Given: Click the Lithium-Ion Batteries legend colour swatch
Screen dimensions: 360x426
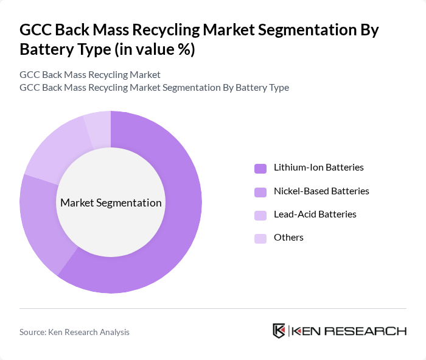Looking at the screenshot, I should [x=260, y=168].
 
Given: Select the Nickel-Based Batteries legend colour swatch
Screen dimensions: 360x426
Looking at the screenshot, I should [x=260, y=192].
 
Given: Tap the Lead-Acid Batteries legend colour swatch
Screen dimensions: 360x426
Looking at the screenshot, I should [x=260, y=215].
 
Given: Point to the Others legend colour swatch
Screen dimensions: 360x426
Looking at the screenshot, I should [x=260, y=238].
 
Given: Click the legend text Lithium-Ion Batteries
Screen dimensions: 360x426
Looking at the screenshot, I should [x=318, y=168].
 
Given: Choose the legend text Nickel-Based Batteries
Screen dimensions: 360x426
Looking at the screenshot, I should [x=321, y=191].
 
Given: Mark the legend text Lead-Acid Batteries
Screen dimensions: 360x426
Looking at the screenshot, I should [x=315, y=214].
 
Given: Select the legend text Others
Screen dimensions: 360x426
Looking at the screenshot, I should [x=288, y=238].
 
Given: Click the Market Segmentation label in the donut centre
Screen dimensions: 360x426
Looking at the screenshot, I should [x=111, y=203].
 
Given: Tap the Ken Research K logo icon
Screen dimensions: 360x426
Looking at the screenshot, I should [x=279, y=331].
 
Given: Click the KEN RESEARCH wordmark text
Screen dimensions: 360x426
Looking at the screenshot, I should [x=349, y=331].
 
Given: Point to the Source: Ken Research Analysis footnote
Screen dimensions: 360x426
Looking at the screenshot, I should [x=74, y=332].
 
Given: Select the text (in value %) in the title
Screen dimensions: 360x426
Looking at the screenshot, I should [x=155, y=49].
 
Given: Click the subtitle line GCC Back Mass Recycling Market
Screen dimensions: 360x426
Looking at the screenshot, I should [x=89, y=75].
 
